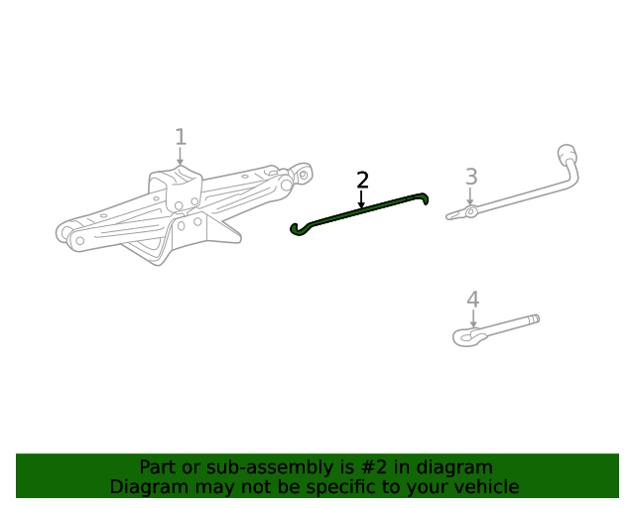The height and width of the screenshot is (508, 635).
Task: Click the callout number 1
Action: tap(180, 137)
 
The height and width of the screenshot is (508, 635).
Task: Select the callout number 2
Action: tap(362, 180)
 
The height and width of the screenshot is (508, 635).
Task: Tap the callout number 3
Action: tap(471, 177)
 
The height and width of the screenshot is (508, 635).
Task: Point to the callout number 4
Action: tap(473, 300)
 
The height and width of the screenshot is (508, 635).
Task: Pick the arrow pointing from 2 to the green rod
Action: tap(362, 199)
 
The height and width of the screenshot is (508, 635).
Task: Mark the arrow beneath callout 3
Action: tap(471, 196)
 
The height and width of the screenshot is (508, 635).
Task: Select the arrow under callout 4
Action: tap(473, 319)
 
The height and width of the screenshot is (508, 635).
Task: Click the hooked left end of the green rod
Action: tap(296, 230)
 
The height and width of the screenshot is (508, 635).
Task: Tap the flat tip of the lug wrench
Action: tap(454, 214)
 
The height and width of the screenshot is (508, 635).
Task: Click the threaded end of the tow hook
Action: tap(532, 320)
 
